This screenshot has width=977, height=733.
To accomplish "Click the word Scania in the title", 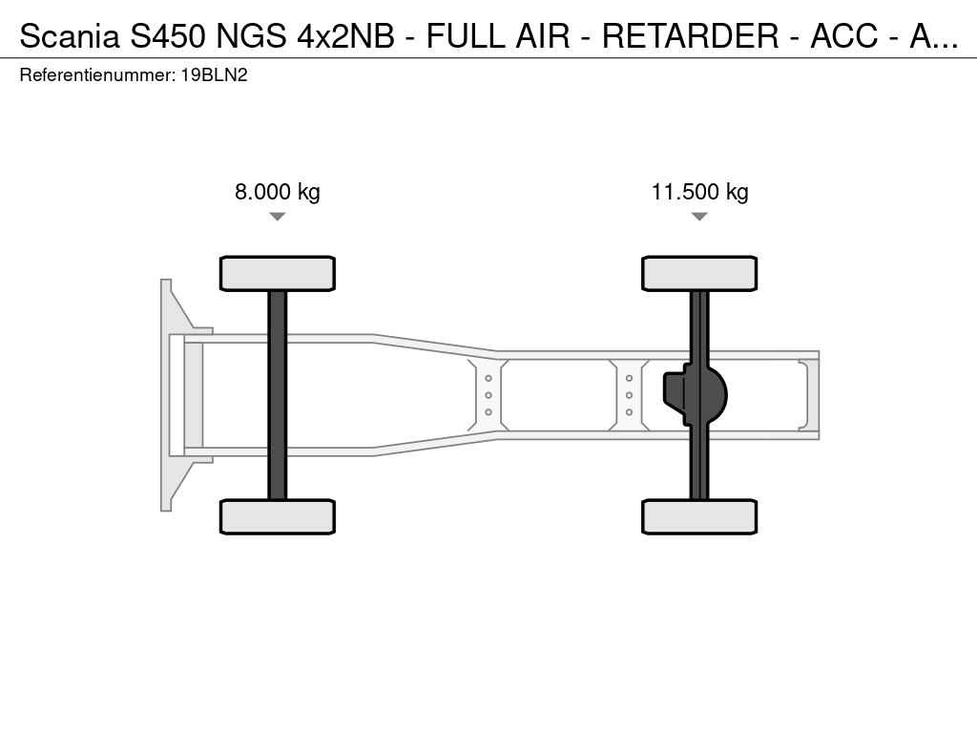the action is click(x=69, y=36).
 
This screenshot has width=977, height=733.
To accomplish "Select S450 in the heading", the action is click(x=168, y=36).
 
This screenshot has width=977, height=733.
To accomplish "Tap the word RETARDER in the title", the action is click(x=691, y=36).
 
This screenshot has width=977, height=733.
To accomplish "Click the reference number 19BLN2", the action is click(x=215, y=75).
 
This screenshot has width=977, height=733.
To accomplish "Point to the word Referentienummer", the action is click(x=97, y=75).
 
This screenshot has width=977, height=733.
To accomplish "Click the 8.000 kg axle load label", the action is click(x=278, y=191).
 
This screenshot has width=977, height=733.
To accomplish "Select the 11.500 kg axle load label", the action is click(x=699, y=191).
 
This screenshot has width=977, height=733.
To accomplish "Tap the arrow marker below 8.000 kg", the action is click(x=278, y=217).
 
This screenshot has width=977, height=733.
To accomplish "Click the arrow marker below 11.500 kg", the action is click(x=699, y=217).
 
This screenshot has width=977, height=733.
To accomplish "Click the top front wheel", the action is click(x=278, y=273).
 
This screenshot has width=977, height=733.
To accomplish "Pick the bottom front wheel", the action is click(x=278, y=516).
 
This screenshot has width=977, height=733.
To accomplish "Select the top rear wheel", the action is click(x=699, y=273).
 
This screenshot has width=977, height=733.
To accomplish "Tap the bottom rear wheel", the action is click(x=699, y=516).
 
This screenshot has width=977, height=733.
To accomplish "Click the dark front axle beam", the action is click(x=278, y=395).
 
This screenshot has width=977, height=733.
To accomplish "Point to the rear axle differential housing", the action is click(x=695, y=395).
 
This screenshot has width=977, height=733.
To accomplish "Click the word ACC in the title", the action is click(x=844, y=36).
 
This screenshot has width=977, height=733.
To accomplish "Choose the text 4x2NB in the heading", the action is click(x=345, y=36).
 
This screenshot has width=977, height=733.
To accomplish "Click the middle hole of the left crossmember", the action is click(x=488, y=395).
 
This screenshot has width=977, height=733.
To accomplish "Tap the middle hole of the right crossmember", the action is click(x=630, y=395).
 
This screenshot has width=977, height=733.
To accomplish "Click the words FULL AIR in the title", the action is click(x=498, y=36).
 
